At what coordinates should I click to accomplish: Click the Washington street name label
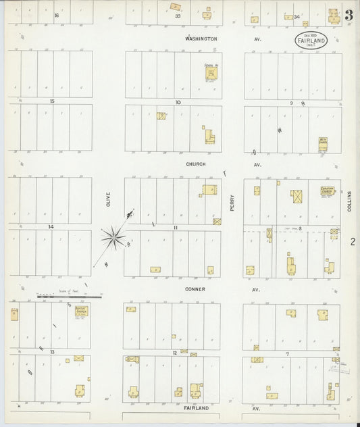201,39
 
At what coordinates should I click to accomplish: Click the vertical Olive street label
107,199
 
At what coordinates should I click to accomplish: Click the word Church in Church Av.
196,164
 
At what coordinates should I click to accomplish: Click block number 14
50,227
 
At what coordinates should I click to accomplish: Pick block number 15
51,101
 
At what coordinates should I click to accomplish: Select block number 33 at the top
178,16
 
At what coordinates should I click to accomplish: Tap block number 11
176,228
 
